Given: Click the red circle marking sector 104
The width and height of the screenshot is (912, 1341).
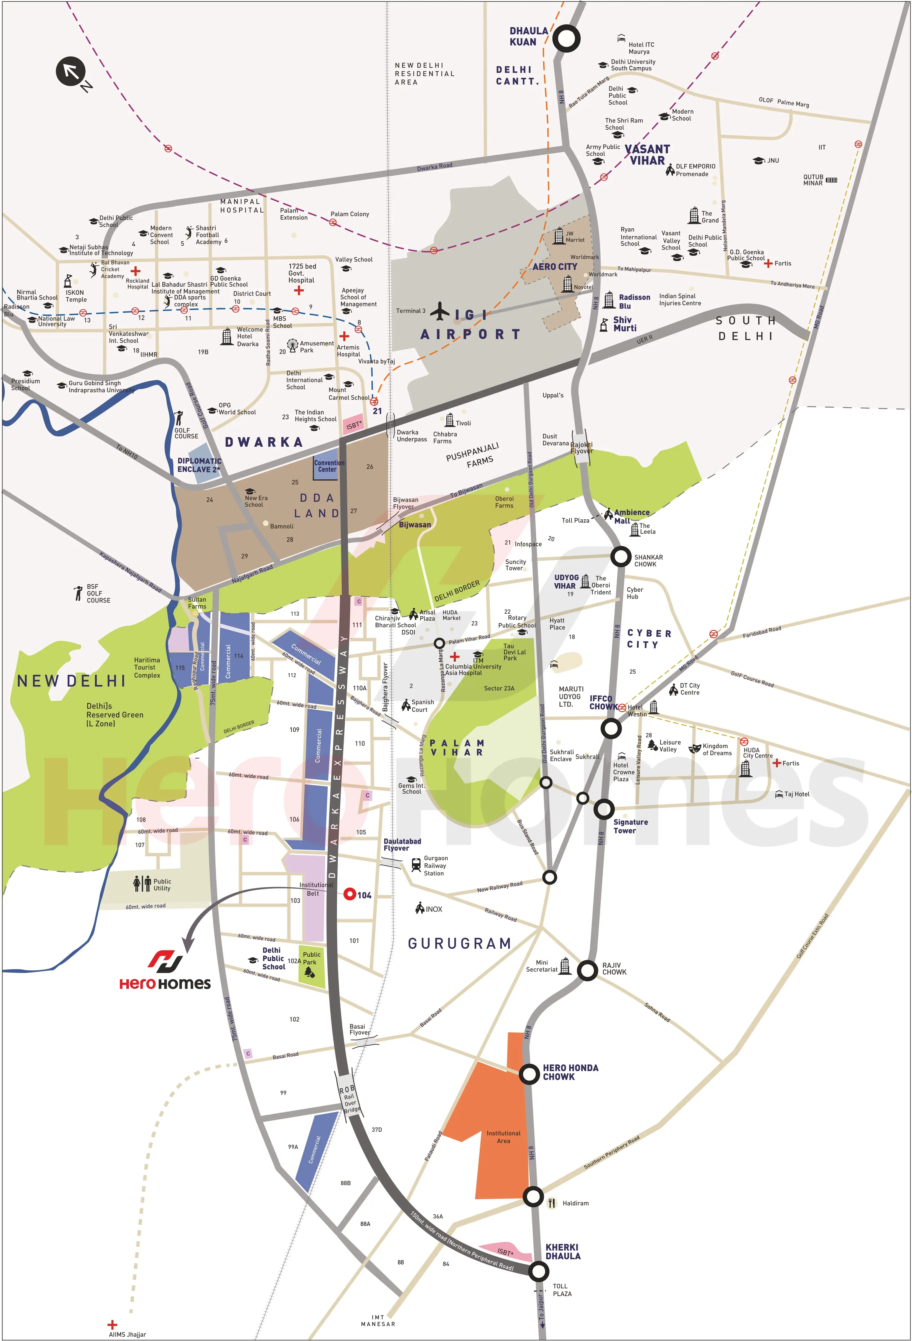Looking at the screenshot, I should pyautogui.click(x=349, y=894).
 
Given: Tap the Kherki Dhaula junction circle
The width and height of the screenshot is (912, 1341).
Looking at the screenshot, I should pyautogui.click(x=539, y=1271).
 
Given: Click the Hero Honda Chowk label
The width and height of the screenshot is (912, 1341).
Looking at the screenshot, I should pyautogui.click(x=570, y=1072).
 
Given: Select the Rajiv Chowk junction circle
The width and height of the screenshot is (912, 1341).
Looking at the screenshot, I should pyautogui.click(x=588, y=970).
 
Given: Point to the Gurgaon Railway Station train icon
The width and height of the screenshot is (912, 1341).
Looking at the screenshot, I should pyautogui.click(x=416, y=864).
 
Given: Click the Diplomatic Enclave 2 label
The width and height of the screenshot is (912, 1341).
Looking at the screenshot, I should pyautogui.click(x=199, y=465).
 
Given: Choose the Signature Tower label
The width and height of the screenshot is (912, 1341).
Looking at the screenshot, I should pyautogui.click(x=630, y=826).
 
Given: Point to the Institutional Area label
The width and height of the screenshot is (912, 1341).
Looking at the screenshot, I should pyautogui.click(x=503, y=1137).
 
